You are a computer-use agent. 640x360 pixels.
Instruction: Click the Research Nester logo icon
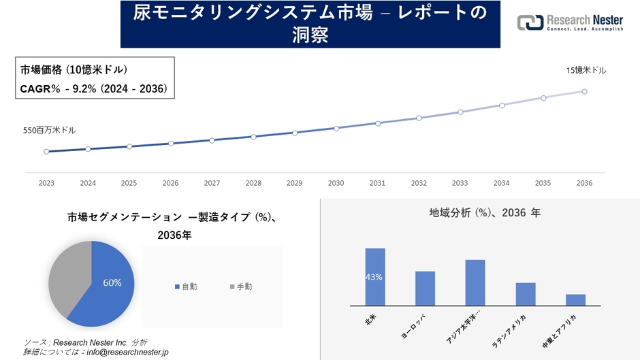click(x=530, y=22)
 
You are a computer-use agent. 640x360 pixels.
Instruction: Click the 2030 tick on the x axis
click(x=336, y=183)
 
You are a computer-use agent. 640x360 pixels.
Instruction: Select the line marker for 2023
click(x=46, y=152)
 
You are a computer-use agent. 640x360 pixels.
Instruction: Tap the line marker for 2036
click(x=584, y=91)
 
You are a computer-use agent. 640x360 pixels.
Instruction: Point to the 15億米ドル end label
click(x=586, y=70)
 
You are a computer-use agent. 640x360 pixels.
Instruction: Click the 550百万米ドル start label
click(x=50, y=130)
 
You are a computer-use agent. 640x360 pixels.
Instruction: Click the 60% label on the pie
click(x=112, y=283)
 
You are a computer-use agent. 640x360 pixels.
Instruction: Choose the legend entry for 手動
click(x=240, y=287)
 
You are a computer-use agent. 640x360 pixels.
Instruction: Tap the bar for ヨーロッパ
click(x=425, y=289)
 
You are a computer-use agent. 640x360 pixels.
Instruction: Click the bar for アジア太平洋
click(x=475, y=282)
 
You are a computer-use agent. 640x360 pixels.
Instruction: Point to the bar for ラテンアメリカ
click(x=526, y=294)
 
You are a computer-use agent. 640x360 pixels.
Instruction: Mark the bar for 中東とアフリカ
click(x=575, y=299)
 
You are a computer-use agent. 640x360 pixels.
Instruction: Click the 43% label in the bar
click(x=374, y=277)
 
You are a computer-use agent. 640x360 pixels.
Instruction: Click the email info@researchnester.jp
click(x=125, y=352)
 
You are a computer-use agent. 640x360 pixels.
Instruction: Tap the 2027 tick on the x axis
click(x=212, y=183)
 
